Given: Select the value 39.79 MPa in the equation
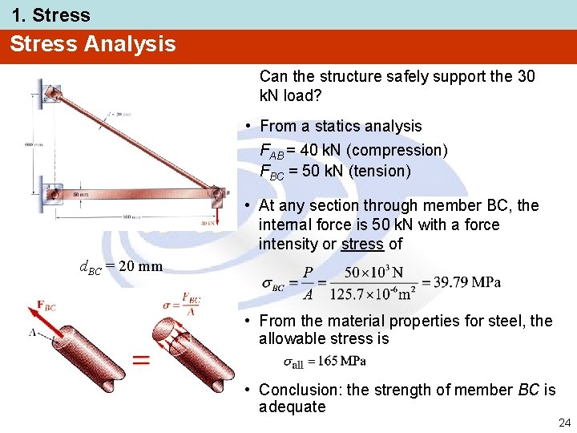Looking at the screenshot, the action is point(466,282).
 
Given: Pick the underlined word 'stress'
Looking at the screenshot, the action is point(362,244).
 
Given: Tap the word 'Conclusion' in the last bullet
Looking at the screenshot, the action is point(300,390).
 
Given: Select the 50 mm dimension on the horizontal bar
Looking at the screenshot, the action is point(81,195).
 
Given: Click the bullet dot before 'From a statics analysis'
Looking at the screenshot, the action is point(251,127).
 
